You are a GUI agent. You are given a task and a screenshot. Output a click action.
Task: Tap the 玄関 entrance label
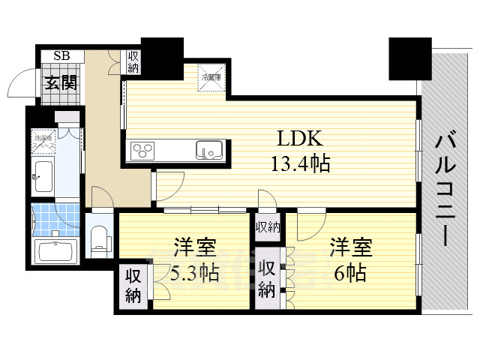[60, 82]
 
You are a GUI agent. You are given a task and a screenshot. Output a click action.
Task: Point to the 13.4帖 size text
[301, 163]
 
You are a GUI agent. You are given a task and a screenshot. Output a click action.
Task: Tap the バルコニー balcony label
[445, 187]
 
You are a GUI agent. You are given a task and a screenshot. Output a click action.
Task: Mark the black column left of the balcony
[409, 58]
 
